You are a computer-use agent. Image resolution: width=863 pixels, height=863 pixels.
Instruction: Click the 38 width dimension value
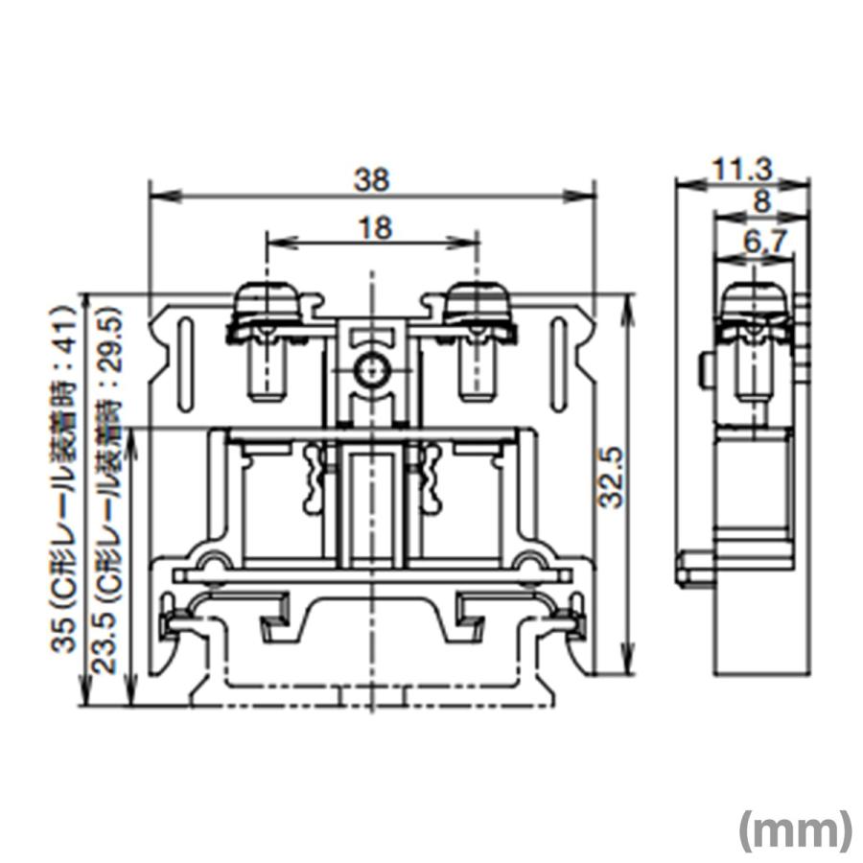pos(371,178)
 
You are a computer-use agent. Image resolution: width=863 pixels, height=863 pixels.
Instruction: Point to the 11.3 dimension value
pos(742,170)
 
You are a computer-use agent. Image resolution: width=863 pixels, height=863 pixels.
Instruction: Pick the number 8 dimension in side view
pos(762,202)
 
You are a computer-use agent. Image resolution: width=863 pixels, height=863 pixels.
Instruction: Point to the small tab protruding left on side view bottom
pos(691,570)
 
